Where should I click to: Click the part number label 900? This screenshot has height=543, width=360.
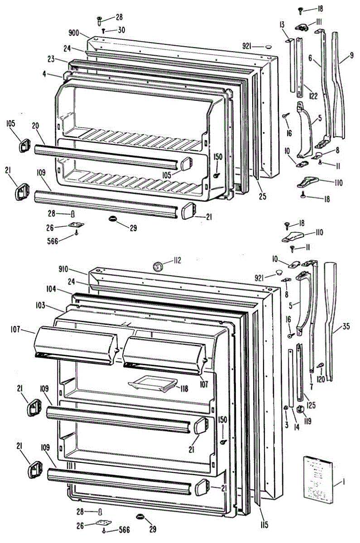(74, 33)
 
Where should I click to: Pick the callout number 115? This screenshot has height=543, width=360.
(264, 525)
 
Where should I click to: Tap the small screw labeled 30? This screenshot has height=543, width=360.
(104, 30)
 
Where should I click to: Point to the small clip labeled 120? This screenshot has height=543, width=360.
(320, 365)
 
